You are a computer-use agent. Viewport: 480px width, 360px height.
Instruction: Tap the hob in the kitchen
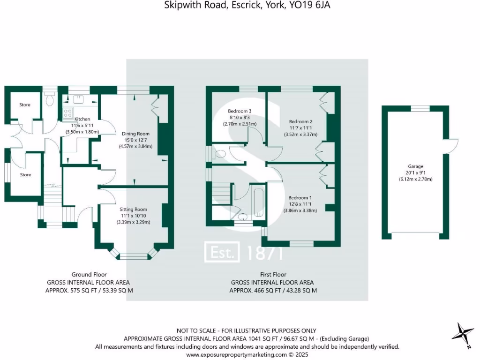pos(68,112)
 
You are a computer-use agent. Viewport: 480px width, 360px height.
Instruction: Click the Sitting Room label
pos(134,209)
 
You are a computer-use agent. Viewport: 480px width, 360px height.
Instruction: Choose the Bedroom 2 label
pos(300,121)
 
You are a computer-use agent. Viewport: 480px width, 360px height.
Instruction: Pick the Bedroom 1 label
pos(300,197)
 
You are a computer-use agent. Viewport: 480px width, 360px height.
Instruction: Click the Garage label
pos(415,166)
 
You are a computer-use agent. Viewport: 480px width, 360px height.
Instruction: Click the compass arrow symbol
pos(463,333)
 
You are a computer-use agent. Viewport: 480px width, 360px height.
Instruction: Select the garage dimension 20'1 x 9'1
pos(415,173)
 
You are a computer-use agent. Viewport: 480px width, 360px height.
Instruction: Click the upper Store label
pos(25,105)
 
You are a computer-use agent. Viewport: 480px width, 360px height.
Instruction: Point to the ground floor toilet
pos(50,100)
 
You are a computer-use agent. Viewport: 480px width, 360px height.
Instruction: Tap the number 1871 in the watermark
pos(265,253)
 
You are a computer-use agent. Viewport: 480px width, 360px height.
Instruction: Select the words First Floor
pos(273,275)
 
